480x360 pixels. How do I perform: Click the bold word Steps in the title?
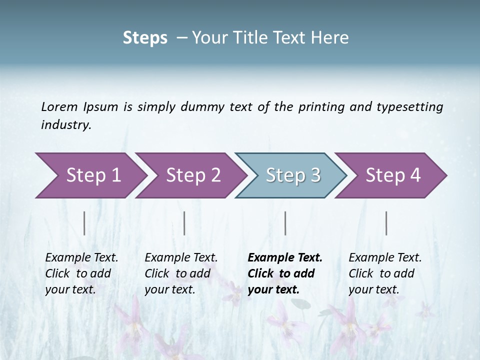click(x=145, y=38)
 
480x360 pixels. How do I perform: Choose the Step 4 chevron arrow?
click(x=392, y=175)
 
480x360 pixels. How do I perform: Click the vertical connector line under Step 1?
click(x=84, y=223)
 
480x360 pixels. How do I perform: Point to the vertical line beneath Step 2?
click(x=184, y=223)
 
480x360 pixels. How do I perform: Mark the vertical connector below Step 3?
click(x=285, y=223)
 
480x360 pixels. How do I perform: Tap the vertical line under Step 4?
click(x=386, y=223)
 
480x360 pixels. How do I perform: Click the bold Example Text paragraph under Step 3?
click(x=285, y=273)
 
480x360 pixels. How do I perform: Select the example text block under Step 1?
click(x=81, y=273)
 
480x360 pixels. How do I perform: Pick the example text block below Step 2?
click(x=181, y=273)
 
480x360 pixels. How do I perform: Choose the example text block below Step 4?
click(x=385, y=273)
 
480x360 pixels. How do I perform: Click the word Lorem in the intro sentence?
click(x=60, y=106)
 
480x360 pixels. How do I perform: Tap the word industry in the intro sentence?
click(x=66, y=124)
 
